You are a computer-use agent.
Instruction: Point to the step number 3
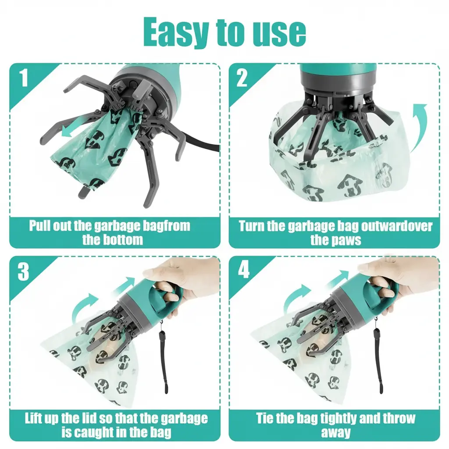pyautogui.click(x=23, y=271)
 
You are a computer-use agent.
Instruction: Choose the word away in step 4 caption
pyautogui.click(x=335, y=432)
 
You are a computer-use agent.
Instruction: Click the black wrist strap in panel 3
pyautogui.click(x=164, y=355)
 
